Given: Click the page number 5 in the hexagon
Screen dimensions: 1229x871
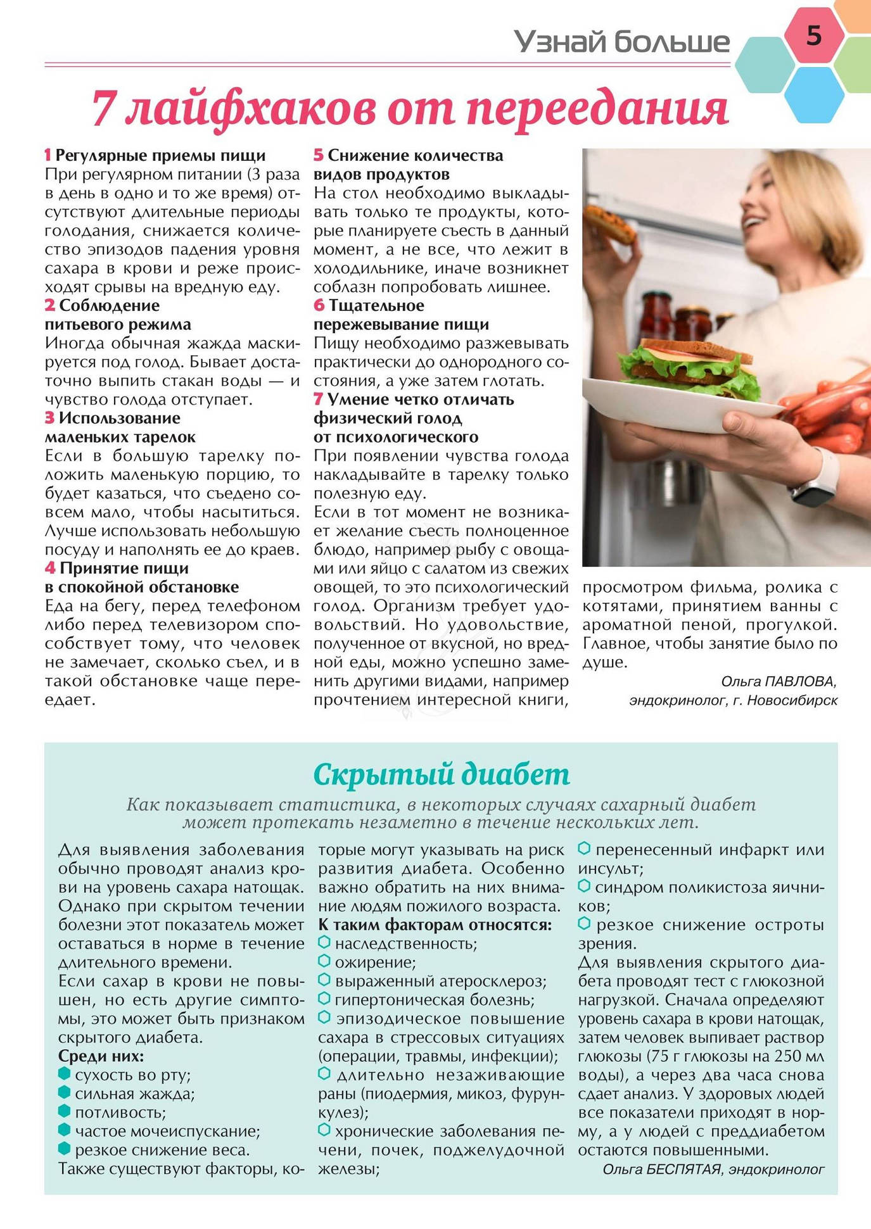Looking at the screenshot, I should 813,35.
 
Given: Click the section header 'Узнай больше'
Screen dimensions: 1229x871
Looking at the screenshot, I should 621,42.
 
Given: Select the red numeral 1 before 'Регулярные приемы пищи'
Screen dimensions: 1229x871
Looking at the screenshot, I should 48,156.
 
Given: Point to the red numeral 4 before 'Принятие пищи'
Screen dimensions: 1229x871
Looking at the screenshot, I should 50,568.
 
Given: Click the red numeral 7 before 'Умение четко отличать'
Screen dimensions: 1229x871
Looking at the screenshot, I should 319,400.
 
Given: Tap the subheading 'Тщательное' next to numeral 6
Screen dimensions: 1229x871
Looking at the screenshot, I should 376,306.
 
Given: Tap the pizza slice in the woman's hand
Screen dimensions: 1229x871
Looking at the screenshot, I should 609,226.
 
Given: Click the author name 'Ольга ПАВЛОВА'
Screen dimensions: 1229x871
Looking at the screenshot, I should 779,681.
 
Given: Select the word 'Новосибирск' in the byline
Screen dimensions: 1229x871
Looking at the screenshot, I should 792,700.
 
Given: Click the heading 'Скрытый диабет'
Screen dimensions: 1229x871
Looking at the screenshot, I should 442,774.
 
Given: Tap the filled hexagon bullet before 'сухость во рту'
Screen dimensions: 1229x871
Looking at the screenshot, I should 64,1074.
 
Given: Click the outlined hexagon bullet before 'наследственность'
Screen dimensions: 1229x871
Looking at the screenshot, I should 324,943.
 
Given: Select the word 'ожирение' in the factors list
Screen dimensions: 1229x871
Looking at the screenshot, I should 375,962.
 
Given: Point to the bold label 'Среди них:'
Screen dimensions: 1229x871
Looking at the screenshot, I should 101,1056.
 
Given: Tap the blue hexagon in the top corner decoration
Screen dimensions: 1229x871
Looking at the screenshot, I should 813,93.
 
